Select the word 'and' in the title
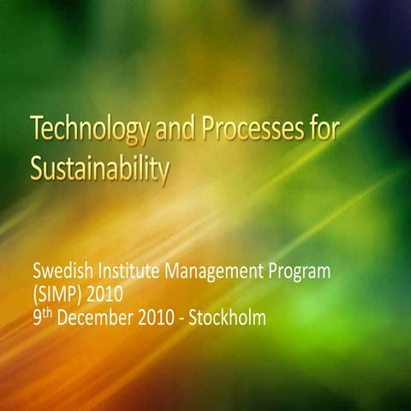(176, 131)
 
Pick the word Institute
(130, 274)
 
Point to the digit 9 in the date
(37, 319)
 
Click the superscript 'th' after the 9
(48, 313)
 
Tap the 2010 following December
(156, 319)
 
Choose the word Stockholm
(229, 319)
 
